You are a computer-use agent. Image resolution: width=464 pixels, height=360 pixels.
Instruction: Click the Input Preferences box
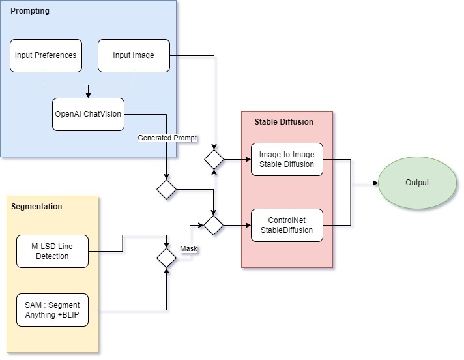(x=46, y=55)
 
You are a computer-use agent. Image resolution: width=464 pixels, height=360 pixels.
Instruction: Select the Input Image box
(x=134, y=55)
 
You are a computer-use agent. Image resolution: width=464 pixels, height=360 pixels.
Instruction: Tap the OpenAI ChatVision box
(x=88, y=114)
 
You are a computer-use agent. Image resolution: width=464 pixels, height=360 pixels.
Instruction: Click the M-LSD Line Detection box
(x=52, y=252)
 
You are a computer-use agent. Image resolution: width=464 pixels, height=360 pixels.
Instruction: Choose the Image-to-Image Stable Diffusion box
(x=287, y=159)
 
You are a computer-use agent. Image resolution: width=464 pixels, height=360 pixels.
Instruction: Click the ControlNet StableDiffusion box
(x=287, y=225)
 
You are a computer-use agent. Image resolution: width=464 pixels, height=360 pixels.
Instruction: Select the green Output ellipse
(x=417, y=183)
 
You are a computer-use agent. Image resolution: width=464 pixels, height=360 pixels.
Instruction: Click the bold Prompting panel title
(x=30, y=12)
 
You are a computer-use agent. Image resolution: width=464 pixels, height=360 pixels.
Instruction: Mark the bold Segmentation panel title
(x=37, y=207)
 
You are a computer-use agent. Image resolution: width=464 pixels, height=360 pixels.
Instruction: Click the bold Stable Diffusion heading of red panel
(x=283, y=122)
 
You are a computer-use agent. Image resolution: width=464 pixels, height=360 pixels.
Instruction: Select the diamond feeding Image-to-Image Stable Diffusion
(x=214, y=159)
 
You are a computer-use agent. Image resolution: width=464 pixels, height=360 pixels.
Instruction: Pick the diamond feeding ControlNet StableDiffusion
(x=214, y=225)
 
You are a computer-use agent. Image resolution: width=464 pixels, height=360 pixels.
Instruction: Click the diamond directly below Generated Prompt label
(x=167, y=190)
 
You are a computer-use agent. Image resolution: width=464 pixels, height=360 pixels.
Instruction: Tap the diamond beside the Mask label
(x=167, y=258)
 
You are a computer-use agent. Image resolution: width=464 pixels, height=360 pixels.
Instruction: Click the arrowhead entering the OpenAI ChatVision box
(x=89, y=95)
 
